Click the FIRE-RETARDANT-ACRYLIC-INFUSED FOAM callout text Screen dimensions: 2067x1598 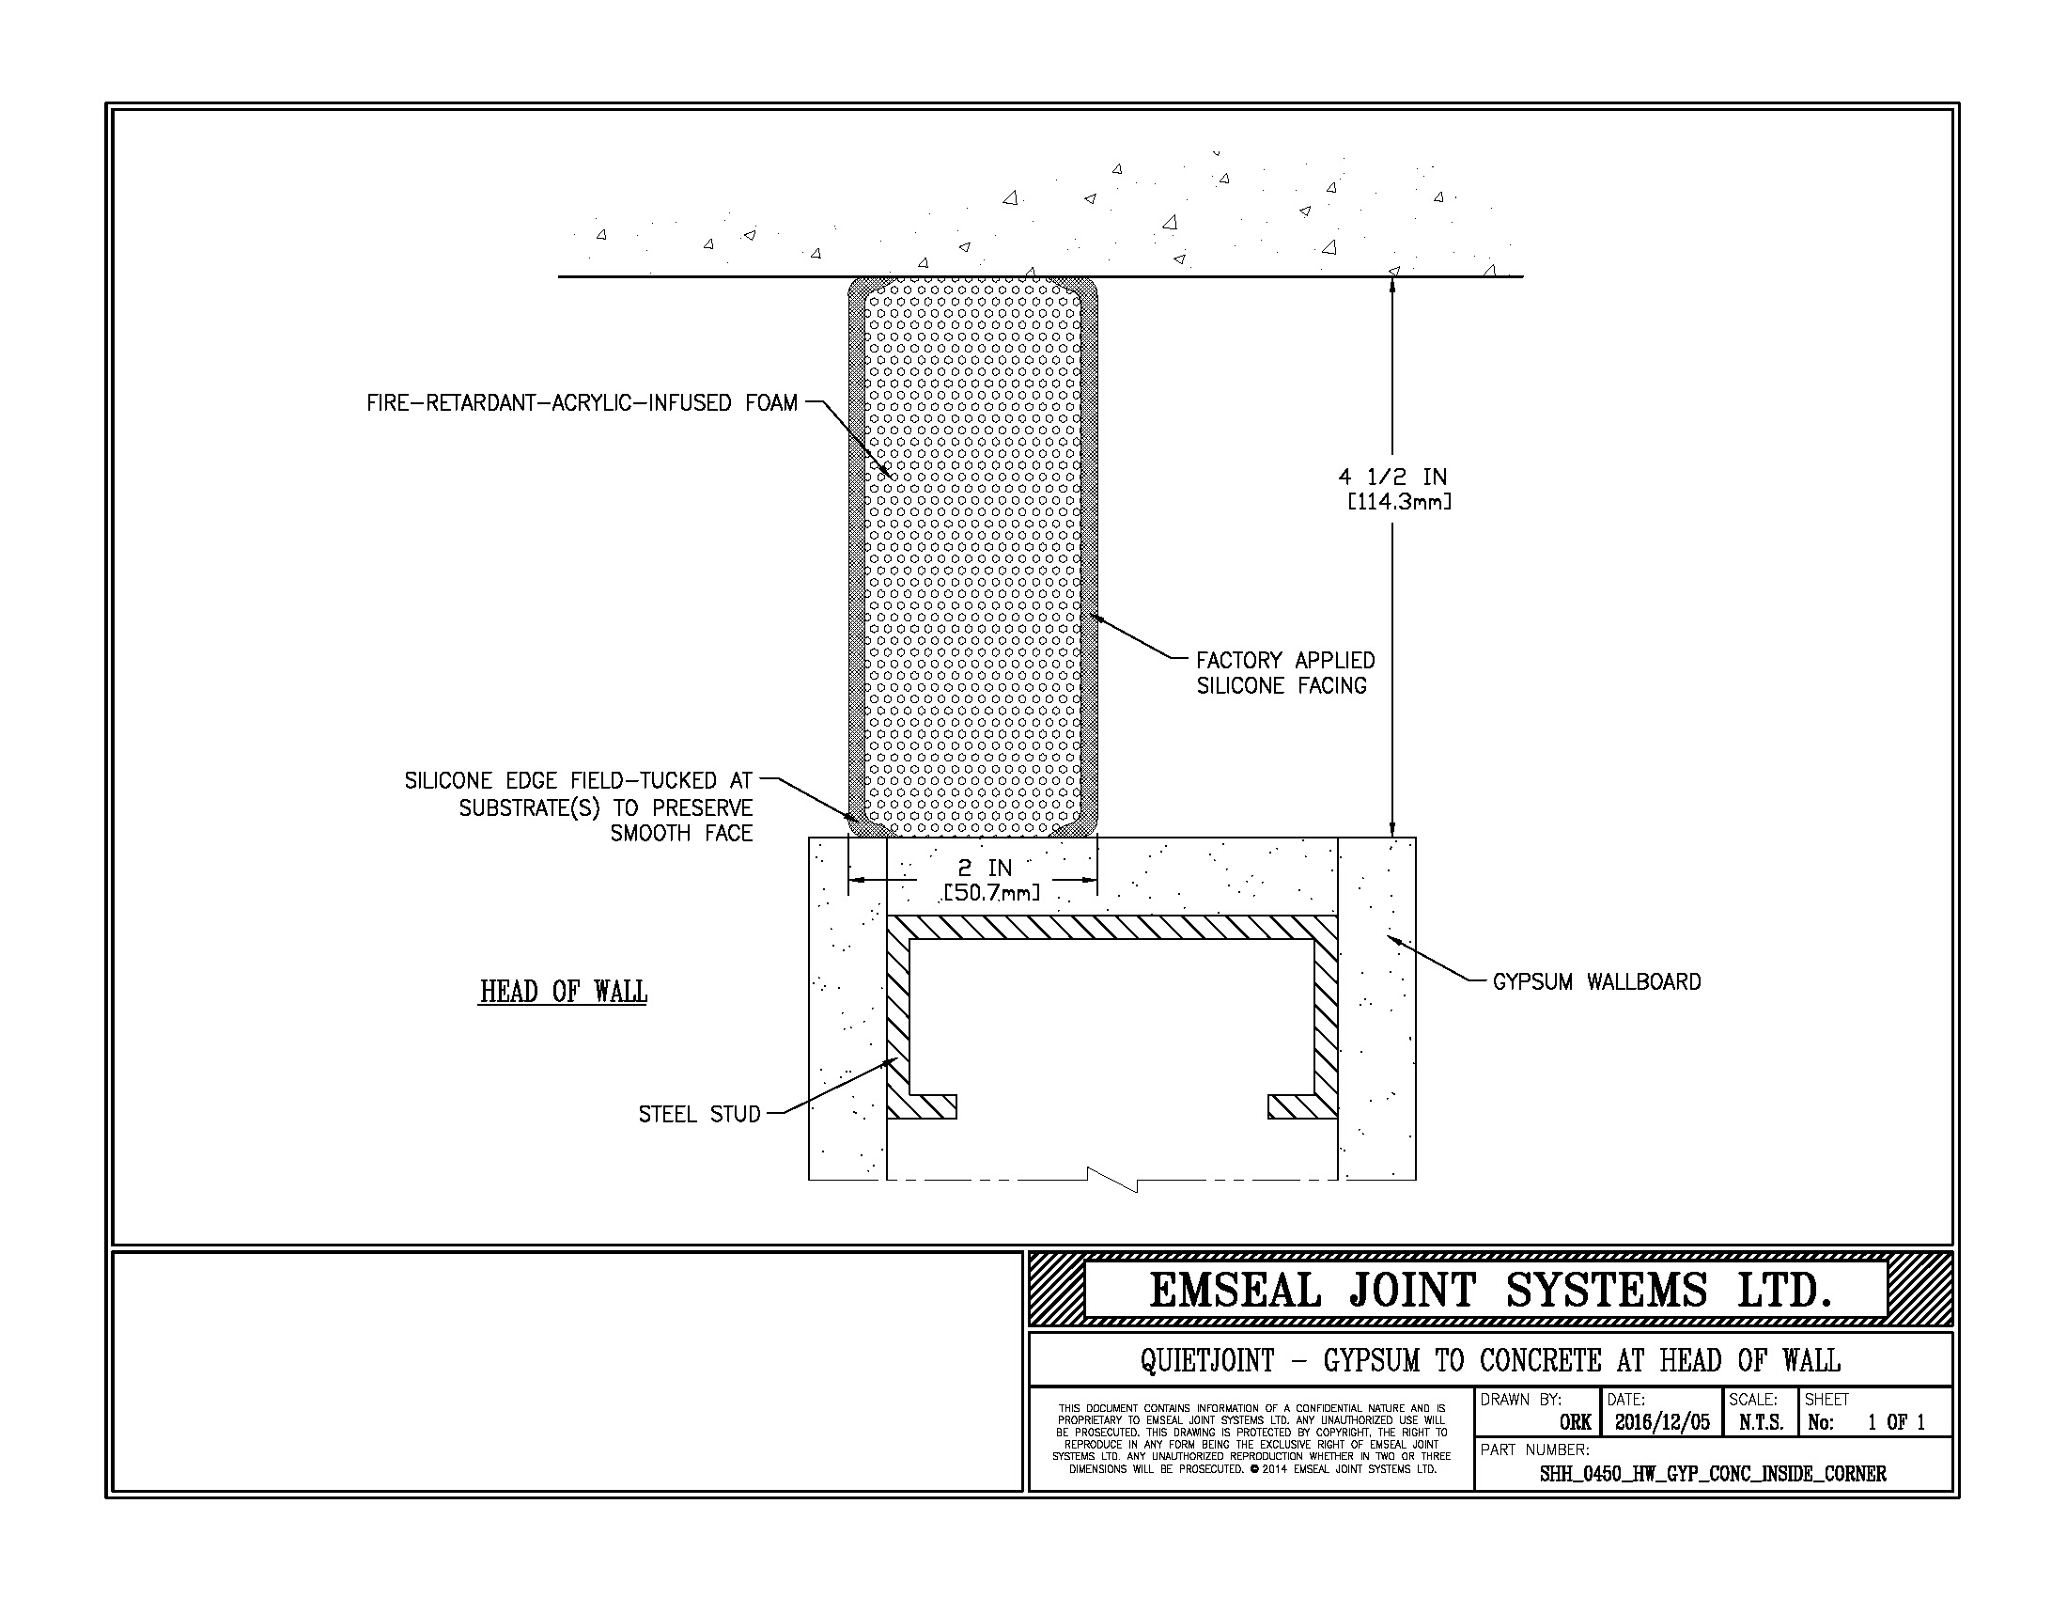pos(583,403)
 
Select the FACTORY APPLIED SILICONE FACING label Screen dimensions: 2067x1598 pos(1285,673)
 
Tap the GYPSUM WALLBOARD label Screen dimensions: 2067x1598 pos(1596,981)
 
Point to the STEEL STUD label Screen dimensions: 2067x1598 pos(699,1114)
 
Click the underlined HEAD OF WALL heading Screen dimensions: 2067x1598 pos(563,992)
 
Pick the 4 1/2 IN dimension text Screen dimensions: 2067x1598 pos(1392,478)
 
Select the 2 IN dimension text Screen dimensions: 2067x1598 pos(985,869)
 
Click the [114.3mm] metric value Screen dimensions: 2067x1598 pos(1399,502)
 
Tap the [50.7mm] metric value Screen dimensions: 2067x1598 pos(991,893)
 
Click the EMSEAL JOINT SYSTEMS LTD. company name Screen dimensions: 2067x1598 pos(1490,1291)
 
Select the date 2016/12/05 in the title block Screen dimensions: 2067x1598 pos(1662,1422)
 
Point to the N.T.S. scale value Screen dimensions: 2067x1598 pos(1761,1422)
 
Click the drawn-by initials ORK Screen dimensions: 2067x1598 pos(1575,1423)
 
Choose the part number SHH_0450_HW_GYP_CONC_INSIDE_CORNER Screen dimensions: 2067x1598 pos(1713,1474)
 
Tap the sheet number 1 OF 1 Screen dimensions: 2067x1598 pos(1896,1422)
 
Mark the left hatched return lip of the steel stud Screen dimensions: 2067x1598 pos(922,1106)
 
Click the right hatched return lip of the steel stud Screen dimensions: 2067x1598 pos(1303,1106)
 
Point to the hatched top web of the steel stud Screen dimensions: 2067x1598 pos(1112,928)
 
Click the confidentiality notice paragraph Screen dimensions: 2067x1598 pos(1251,1439)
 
